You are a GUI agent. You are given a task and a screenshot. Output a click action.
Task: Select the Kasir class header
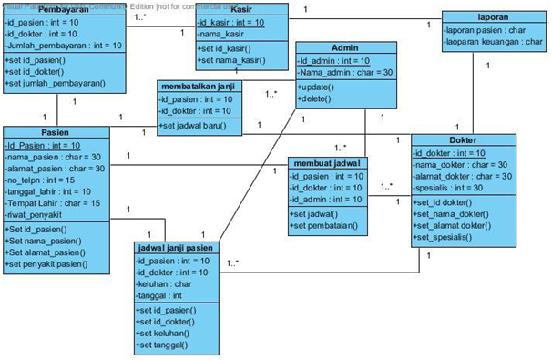tap(241, 8)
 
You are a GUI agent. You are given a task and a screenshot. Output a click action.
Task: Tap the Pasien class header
tap(56, 131)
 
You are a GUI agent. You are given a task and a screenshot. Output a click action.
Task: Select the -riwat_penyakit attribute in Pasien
tap(40, 215)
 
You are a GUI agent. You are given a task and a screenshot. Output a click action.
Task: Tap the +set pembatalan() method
tap(325, 224)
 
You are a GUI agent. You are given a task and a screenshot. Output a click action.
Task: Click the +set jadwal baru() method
tap(193, 125)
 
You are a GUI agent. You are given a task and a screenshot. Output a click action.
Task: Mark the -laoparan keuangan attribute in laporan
tap(489, 42)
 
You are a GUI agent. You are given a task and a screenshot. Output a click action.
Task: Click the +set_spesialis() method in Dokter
tap(453, 237)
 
